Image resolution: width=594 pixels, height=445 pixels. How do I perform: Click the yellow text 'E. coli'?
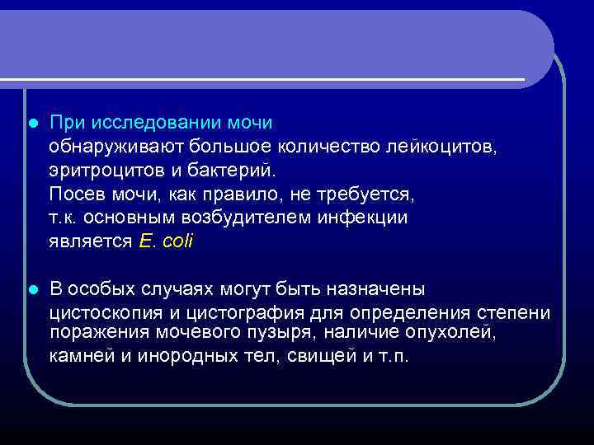[x=165, y=242]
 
